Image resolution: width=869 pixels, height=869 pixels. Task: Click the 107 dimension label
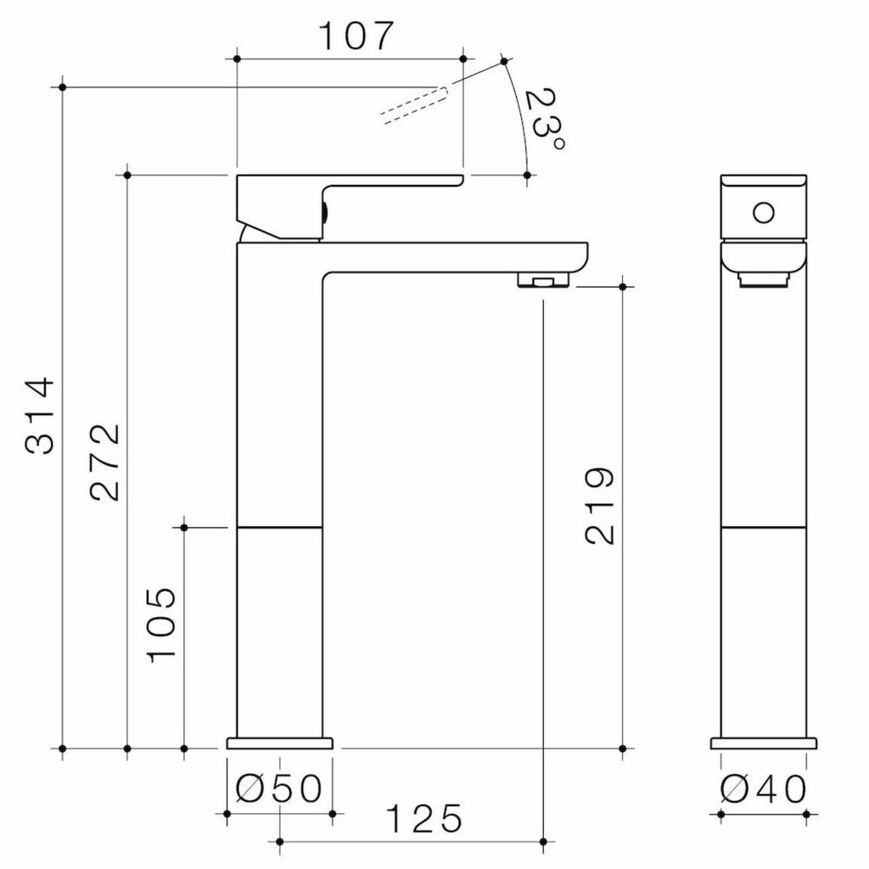[x=356, y=36]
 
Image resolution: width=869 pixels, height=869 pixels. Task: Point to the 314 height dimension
[x=41, y=417]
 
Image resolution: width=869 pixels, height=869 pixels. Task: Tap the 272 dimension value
[x=104, y=463]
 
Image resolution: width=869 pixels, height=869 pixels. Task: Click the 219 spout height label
[x=600, y=506]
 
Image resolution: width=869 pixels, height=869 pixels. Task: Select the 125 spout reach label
[x=424, y=819]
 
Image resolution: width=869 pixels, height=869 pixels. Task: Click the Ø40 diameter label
[x=764, y=788]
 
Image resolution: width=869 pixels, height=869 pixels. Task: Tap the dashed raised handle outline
[x=414, y=105]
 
